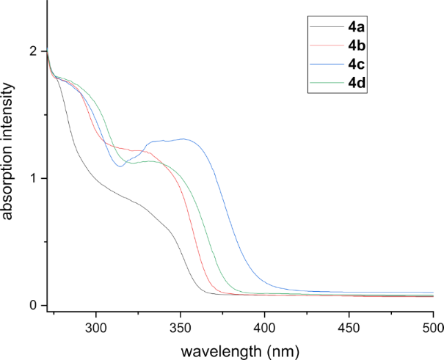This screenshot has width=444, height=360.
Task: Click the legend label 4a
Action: (x=357, y=30)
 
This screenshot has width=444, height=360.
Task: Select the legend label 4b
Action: (x=357, y=47)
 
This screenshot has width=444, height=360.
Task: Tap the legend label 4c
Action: (x=357, y=64)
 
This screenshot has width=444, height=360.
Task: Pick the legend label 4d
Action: (x=357, y=81)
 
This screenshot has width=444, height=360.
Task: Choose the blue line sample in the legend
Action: (x=327, y=65)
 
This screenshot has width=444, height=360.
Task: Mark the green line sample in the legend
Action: (x=327, y=81)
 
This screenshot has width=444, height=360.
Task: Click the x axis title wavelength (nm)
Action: (x=241, y=350)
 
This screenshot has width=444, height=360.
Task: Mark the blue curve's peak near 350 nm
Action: (x=183, y=139)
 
